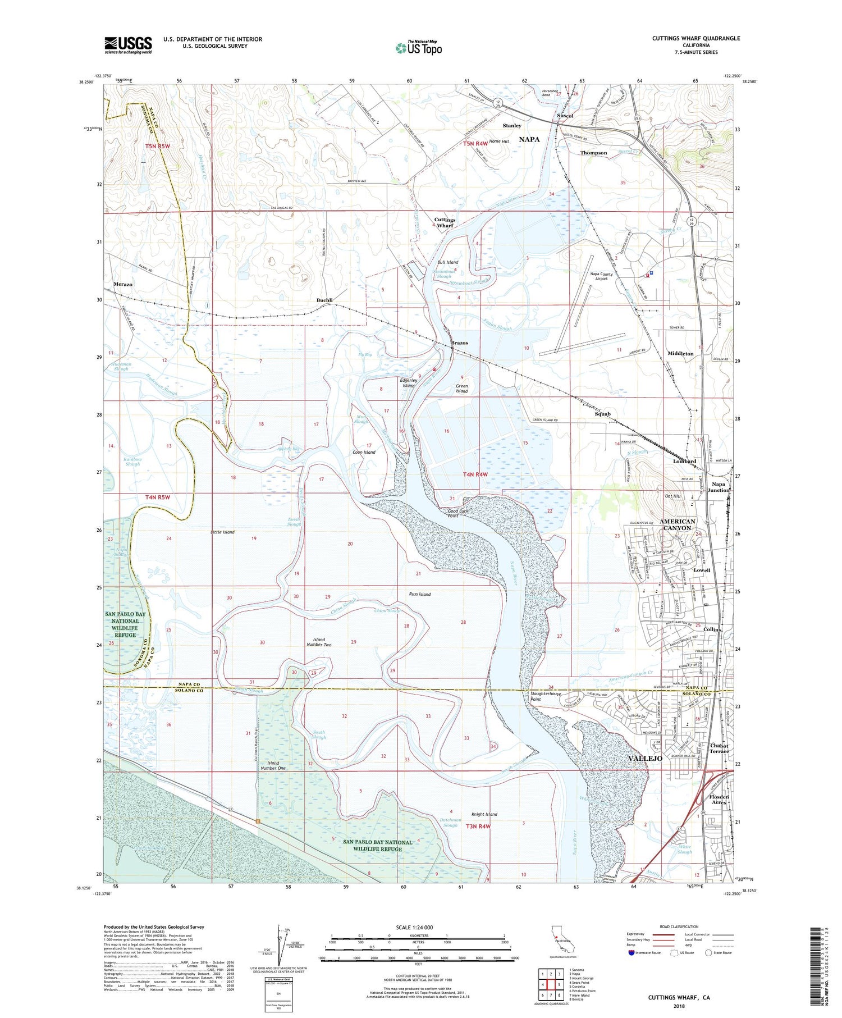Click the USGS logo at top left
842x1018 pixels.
(128, 45)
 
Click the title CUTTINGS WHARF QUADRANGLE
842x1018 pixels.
(688, 38)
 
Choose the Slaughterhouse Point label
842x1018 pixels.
(546, 696)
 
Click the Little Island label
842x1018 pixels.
(222, 532)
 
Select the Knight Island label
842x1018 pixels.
(484, 814)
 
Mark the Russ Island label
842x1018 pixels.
(419, 594)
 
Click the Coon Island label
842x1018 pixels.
(364, 452)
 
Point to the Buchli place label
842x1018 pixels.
(324, 300)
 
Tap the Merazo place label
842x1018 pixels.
(123, 284)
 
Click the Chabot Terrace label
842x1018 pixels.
(719, 748)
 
